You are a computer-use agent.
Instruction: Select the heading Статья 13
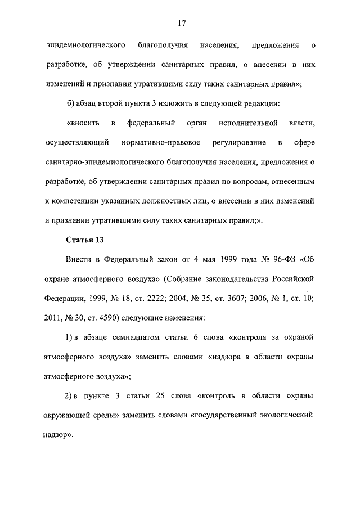pyautogui.click(x=85, y=240)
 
